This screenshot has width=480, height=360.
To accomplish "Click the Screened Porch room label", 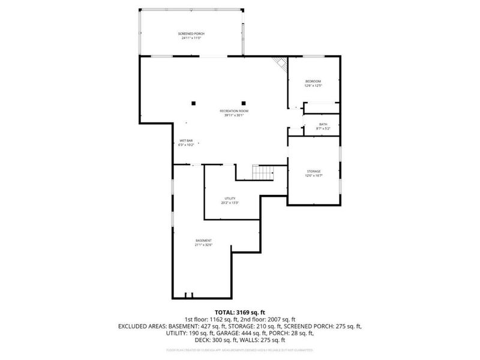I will tap(191, 34).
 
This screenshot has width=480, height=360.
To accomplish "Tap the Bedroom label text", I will tap(313, 82).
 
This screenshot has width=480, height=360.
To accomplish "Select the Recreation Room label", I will tap(233, 111).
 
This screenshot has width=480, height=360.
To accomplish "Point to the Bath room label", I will tap(323, 124).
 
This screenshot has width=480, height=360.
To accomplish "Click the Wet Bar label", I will tap(185, 140).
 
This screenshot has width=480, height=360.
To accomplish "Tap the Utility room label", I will tap(230, 199).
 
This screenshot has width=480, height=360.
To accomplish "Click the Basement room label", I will tap(203, 241).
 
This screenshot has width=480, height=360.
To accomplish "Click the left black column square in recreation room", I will tap(194, 102).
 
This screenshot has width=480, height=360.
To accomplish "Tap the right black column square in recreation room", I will tap(244, 102).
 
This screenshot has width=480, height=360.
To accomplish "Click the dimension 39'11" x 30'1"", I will tap(233, 115).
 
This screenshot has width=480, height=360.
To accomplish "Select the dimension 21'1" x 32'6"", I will tap(203, 245).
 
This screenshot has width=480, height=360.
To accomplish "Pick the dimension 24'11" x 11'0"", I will tap(191, 38).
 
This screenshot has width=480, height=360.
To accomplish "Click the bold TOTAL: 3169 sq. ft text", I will tap(240, 312).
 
